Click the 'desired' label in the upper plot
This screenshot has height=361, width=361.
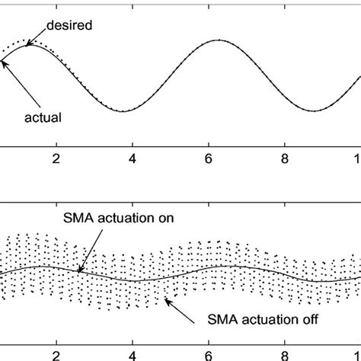coord(70,25)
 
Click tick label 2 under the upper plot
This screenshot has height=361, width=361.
coord(55,160)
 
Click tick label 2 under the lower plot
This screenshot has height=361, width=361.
coord(55,354)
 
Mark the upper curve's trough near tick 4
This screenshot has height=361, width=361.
coord(123,111)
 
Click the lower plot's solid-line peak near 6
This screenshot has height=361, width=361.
coord(221,266)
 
